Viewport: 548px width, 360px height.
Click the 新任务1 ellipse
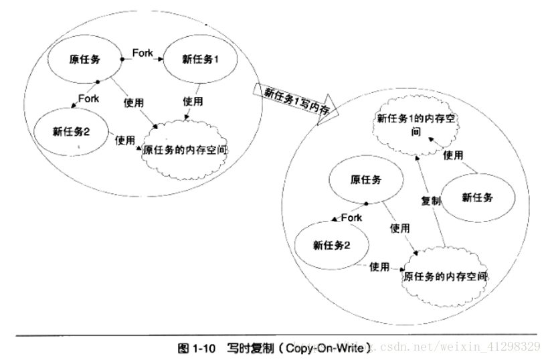[201, 59]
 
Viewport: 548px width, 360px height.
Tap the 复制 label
[430, 201]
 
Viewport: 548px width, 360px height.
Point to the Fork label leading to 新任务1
[143, 52]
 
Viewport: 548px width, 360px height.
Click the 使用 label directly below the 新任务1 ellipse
[193, 101]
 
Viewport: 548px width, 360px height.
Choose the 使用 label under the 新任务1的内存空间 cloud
[453, 155]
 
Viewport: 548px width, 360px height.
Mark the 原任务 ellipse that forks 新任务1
[85, 60]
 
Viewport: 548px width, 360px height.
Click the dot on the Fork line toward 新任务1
[122, 60]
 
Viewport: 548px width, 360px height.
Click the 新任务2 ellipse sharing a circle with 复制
[331, 244]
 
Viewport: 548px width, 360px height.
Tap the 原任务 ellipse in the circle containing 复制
[366, 180]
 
